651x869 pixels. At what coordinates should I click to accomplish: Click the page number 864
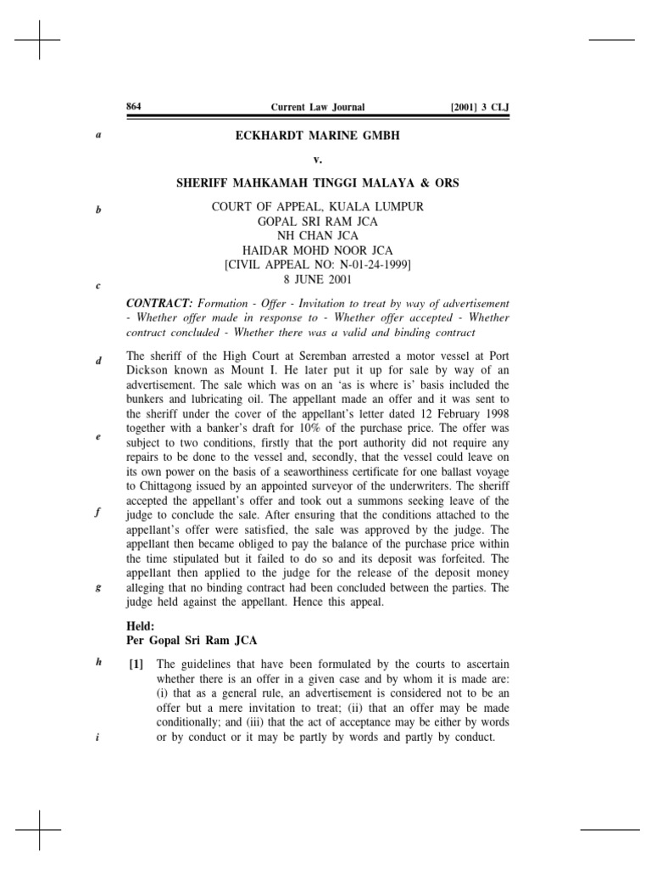click(133, 107)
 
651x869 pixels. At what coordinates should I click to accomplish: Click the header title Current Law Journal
click(317, 108)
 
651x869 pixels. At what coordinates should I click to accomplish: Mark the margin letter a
click(99, 135)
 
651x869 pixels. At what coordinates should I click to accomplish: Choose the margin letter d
click(99, 361)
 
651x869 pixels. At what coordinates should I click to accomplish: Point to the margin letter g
click(99, 587)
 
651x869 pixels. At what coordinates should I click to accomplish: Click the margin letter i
click(99, 737)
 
